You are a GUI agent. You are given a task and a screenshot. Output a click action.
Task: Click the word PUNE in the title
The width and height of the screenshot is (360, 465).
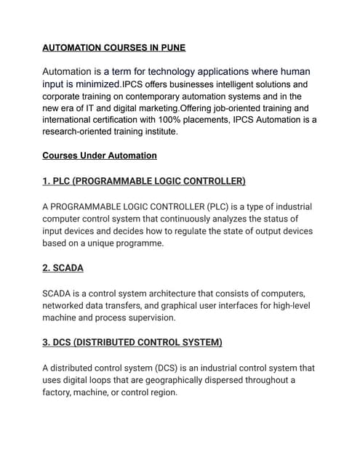(172, 48)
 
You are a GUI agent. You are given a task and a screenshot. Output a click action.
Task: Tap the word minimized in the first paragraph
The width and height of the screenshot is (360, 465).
(92, 84)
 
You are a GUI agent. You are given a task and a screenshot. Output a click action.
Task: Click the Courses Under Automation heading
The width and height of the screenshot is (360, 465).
(100, 155)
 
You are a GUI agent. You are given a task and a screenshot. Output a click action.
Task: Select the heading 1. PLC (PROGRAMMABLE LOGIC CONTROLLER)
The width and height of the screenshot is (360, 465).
(144, 180)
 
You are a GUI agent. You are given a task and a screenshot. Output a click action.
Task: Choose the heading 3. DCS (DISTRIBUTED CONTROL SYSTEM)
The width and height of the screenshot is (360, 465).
(132, 342)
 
